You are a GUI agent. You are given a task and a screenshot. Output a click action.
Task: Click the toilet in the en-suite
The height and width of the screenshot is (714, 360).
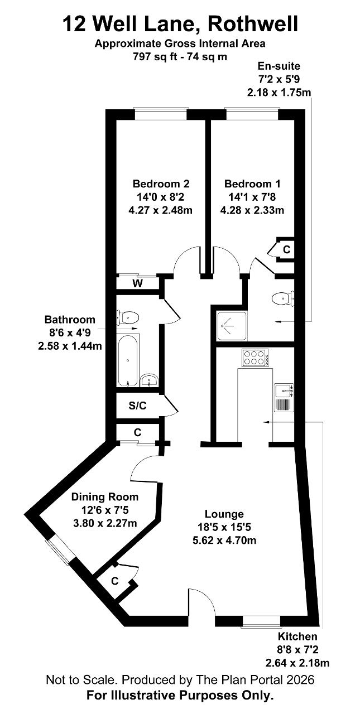282,298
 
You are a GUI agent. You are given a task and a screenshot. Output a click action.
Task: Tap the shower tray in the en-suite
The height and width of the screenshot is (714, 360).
232,326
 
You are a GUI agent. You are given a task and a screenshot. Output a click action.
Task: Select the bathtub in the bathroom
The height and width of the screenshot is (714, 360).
128,360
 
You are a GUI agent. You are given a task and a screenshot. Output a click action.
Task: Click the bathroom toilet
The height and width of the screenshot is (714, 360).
128,317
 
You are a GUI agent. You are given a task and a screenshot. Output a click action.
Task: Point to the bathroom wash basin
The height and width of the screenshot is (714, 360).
149,380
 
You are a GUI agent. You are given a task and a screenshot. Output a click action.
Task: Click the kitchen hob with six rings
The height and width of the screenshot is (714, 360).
255,358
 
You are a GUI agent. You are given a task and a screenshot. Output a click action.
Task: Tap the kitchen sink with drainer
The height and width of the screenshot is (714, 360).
284,398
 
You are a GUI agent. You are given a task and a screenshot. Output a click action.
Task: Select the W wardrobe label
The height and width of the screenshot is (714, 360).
137,283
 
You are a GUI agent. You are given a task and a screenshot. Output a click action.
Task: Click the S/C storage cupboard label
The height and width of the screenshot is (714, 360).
137,406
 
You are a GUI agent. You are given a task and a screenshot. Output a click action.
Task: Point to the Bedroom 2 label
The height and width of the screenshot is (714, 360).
161,184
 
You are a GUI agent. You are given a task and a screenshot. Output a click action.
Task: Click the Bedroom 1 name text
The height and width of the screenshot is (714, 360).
252,184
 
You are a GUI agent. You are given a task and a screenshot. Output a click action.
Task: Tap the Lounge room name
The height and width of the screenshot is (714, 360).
224,514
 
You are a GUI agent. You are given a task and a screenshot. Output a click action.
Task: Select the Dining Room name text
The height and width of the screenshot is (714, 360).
104,497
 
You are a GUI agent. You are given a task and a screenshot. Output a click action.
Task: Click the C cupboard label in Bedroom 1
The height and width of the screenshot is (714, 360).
287,249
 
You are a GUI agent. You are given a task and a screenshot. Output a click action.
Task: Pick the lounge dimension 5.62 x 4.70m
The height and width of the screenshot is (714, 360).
224,541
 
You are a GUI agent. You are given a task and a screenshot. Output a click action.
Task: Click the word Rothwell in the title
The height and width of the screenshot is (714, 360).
253,24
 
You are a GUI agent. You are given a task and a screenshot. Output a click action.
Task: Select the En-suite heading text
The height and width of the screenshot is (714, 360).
279,66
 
